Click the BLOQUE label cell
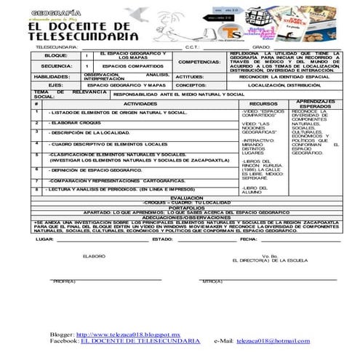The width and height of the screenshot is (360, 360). pyautogui.click(x=56, y=55)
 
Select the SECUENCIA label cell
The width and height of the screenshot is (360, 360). pyautogui.click(x=56, y=65)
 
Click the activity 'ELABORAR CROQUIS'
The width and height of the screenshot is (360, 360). pyautogui.click(x=76, y=123)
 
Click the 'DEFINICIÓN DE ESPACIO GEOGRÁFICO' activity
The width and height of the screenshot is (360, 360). pyautogui.click(x=95, y=169)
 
